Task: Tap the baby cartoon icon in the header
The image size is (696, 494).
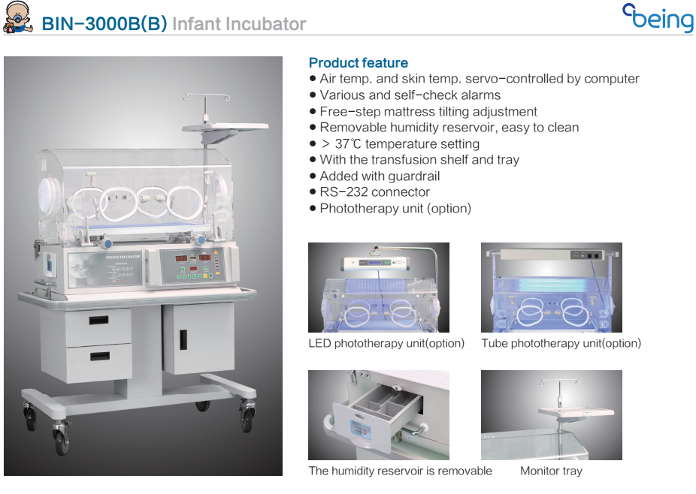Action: [x=17, y=17]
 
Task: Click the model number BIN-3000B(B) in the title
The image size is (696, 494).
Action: [x=104, y=24]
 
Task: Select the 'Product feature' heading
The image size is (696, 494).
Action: [x=359, y=62]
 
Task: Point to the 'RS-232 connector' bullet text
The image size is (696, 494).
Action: [x=374, y=192]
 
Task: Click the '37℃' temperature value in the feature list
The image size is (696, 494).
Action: [x=348, y=143]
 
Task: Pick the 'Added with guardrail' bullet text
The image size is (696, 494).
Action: [x=380, y=176]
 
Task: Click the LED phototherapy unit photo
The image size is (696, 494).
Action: [x=379, y=288]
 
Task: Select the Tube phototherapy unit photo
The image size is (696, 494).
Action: [x=551, y=288]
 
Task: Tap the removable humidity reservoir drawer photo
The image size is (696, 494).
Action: [x=379, y=415]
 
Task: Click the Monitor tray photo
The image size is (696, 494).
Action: [x=551, y=415]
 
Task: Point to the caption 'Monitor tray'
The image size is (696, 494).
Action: [x=551, y=471]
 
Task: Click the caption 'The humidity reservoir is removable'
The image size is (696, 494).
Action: [x=400, y=471]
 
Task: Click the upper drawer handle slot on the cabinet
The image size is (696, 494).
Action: [x=98, y=320]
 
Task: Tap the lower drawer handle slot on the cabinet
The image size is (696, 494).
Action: [x=100, y=356]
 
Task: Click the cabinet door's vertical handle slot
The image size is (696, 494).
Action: [x=183, y=339]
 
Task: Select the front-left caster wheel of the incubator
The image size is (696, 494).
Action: [x=62, y=439]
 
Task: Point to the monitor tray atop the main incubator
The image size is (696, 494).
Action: [x=225, y=128]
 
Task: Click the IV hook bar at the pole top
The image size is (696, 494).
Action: [x=206, y=96]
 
